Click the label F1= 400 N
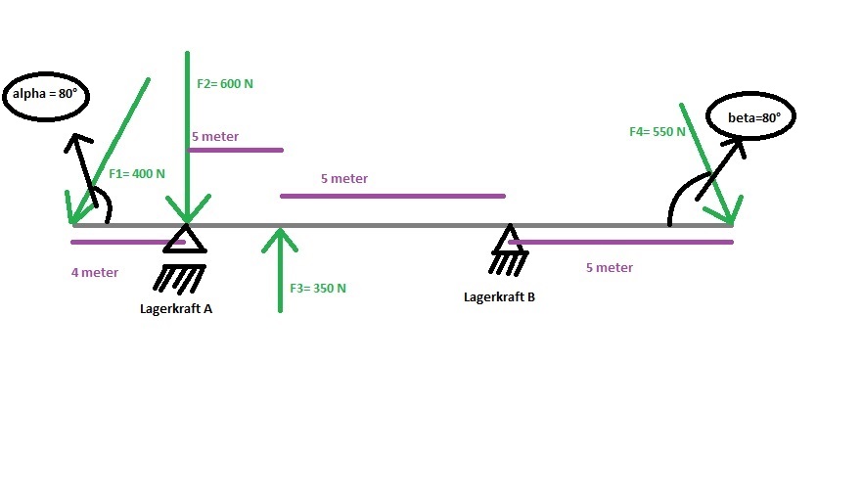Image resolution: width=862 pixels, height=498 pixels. click(137, 174)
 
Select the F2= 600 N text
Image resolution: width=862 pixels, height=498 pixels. click(225, 83)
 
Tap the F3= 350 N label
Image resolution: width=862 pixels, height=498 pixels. click(318, 288)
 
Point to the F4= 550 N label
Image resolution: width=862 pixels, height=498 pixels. click(658, 132)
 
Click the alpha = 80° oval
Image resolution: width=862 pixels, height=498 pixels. click(46, 72)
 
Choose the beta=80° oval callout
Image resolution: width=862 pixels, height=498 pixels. click(751, 93)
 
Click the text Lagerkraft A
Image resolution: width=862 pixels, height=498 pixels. click(176, 308)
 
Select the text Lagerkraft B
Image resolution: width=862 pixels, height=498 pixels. click(499, 296)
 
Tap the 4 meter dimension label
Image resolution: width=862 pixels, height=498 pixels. click(95, 273)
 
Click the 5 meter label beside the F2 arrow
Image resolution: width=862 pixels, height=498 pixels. click(215, 136)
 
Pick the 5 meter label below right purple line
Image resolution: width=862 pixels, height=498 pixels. click(610, 268)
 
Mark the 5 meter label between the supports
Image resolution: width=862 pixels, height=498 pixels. click(344, 179)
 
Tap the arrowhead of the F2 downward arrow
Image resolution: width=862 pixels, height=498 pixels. click(188, 208)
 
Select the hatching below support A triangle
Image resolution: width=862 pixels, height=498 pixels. click(179, 278)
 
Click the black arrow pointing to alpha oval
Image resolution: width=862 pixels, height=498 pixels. click(81, 169)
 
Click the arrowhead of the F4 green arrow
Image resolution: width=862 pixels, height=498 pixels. click(724, 210)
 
